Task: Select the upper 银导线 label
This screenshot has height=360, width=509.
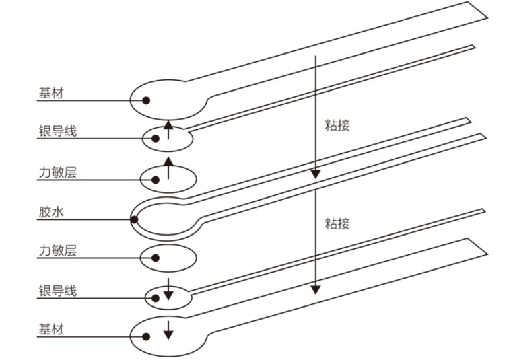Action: point(57,131)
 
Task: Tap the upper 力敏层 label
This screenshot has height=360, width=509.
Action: point(57,172)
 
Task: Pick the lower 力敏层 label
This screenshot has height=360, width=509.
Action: point(57,251)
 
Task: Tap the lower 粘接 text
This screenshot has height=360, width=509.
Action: point(337,223)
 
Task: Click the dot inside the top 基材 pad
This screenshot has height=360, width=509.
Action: point(145,100)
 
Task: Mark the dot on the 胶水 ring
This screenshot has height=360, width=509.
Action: point(134,218)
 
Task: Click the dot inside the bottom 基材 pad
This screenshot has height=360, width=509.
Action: point(145,336)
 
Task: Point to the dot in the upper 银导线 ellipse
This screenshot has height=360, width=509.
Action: point(156,139)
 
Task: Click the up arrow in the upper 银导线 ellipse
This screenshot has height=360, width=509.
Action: point(168,130)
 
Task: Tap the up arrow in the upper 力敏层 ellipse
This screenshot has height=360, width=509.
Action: point(168,170)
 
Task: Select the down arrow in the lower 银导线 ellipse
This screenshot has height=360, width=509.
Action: point(168,294)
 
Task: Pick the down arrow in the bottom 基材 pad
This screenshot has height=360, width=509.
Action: point(168,330)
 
